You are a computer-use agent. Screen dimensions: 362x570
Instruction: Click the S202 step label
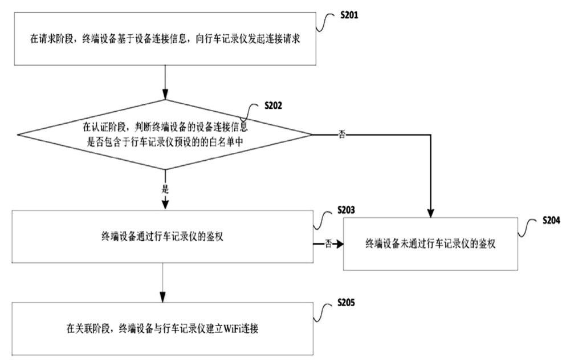click(272, 105)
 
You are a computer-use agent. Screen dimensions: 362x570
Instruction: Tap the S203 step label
click(346, 210)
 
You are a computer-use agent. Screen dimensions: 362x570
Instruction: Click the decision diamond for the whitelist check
click(165, 135)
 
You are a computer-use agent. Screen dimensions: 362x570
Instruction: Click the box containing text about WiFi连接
click(164, 328)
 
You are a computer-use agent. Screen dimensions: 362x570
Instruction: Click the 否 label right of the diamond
click(342, 135)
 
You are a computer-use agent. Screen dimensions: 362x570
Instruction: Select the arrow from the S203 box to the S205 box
click(164, 283)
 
